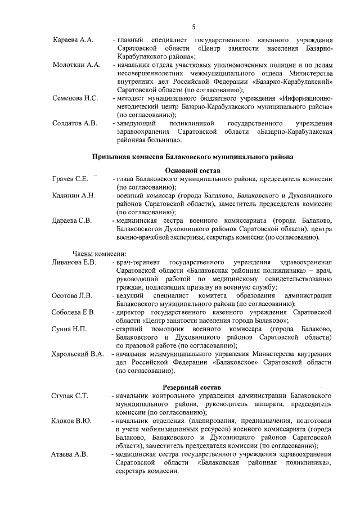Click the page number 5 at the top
click(193, 26)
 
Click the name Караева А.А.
click(73, 41)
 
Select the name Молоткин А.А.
click(76, 65)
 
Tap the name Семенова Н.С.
click(75, 98)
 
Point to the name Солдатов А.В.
click(75, 123)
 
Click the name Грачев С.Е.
click(70, 179)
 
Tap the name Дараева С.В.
click(71, 220)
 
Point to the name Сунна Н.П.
click(69, 328)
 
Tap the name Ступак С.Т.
click(70, 396)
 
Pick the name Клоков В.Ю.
click(71, 421)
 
